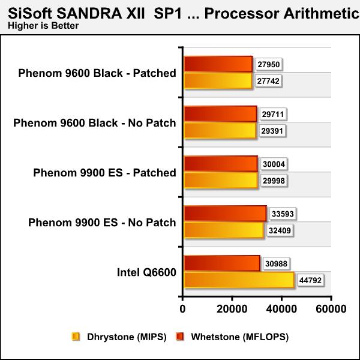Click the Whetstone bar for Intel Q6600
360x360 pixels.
point(222,263)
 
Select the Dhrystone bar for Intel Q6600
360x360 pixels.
point(239,280)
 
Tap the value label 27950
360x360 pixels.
point(269,65)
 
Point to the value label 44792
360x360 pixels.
point(310,280)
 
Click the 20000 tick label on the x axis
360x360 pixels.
point(232,309)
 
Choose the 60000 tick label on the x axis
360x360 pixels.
point(331,309)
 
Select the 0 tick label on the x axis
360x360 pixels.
point(182,309)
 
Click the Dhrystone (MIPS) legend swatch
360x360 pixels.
point(76,337)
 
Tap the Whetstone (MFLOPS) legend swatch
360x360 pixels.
point(180,337)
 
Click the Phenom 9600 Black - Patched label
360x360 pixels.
point(97,73)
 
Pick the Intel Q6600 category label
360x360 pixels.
point(146,272)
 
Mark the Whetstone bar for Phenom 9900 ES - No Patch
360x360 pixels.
point(225,214)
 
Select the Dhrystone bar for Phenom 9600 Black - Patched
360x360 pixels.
point(218,80)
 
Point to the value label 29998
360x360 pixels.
point(274,181)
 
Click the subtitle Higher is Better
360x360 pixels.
point(43,25)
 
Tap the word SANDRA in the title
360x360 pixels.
point(89,14)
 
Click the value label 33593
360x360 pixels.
point(283,214)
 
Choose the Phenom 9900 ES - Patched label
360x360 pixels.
point(104,173)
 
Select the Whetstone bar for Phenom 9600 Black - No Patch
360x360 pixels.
point(220,114)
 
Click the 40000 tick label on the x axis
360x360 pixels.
point(281,309)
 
